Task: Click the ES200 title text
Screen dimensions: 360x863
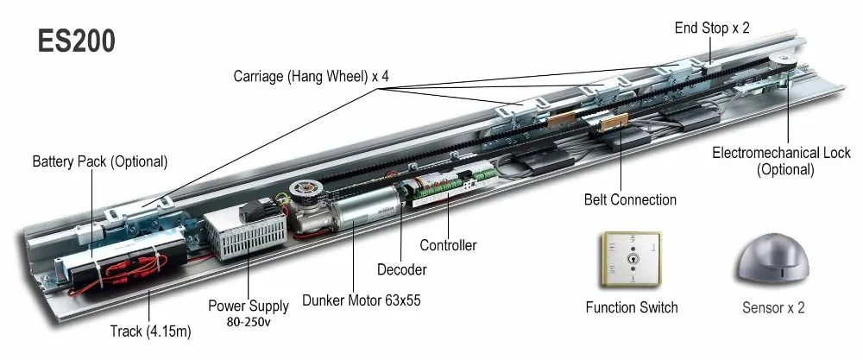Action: [x=76, y=41]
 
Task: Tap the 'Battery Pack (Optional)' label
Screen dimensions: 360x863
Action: [x=99, y=161]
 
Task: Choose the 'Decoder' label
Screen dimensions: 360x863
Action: [x=401, y=270]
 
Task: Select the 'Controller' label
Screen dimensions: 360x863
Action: [x=448, y=245]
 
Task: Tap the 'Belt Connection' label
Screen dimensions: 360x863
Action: [x=630, y=199]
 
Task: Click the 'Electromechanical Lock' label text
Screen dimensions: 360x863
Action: [x=781, y=153]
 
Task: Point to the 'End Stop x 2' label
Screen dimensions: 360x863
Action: [x=712, y=28]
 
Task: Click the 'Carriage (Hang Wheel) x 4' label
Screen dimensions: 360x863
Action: [x=311, y=76]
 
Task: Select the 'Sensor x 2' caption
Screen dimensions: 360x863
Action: [x=773, y=307]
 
